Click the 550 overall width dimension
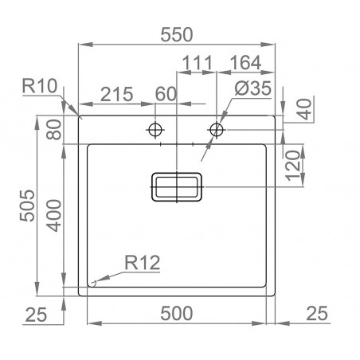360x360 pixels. [x=179, y=34]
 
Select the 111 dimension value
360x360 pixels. [x=194, y=64]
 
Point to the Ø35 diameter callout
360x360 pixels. [x=247, y=93]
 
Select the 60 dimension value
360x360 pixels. [x=165, y=93]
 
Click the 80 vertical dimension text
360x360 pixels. [x=54, y=128]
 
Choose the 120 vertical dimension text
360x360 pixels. [x=294, y=165]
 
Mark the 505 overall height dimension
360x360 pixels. [x=27, y=207]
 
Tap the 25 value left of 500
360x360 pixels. [x=34, y=314]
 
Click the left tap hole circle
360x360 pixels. [x=155, y=128]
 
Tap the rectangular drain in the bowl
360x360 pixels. [x=177, y=188]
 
